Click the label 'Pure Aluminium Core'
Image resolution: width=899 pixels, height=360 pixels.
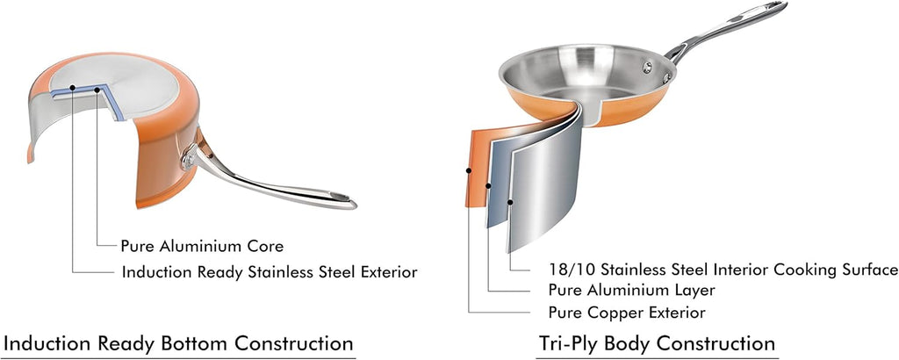(x=202, y=247)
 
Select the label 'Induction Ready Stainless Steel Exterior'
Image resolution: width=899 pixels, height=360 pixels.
(x=269, y=272)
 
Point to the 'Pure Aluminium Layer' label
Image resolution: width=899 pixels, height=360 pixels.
(x=631, y=290)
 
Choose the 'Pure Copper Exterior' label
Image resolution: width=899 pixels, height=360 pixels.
(x=626, y=312)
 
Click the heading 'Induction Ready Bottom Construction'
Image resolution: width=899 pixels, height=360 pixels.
(x=179, y=342)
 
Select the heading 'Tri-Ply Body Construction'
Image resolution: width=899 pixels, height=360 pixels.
(x=657, y=342)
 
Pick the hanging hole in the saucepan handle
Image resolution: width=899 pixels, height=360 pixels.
(x=338, y=195)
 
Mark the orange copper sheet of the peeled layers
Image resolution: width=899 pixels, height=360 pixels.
(x=477, y=167)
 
